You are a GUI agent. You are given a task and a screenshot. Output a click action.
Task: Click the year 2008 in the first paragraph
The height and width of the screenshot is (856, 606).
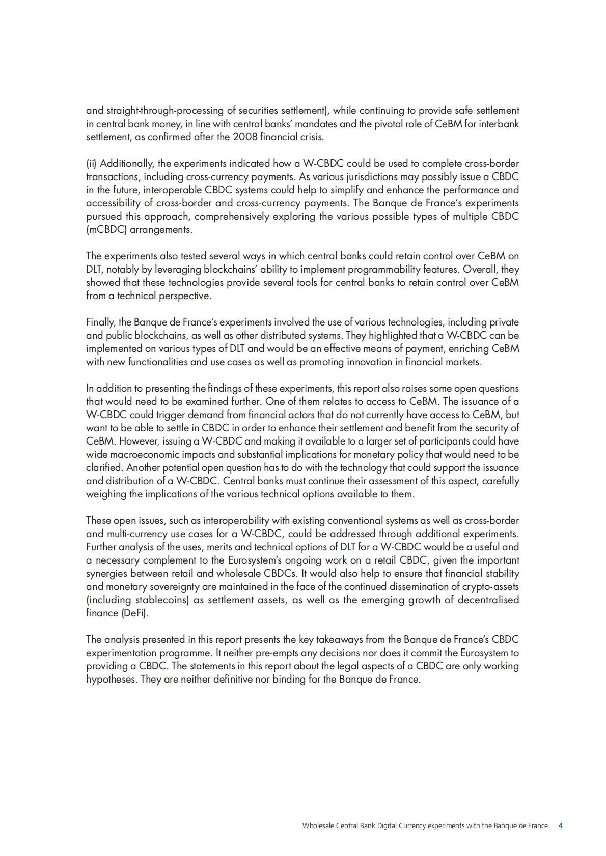tap(245, 137)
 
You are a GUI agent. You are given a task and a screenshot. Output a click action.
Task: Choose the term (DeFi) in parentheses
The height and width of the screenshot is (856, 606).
tap(135, 613)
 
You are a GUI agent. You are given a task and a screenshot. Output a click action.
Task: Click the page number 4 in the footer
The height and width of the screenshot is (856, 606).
tap(561, 825)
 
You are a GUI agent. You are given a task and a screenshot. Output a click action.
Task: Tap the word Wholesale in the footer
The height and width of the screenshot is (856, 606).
tap(318, 825)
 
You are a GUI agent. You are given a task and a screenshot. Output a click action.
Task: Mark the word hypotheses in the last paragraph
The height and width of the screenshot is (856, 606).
tap(111, 679)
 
